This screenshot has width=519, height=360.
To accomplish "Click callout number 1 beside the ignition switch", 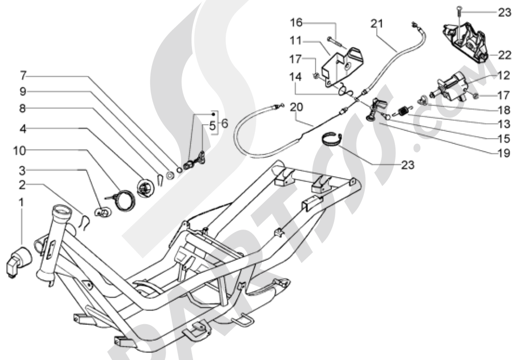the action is pos(21,203).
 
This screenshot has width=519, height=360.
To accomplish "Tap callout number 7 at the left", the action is pos(22,76).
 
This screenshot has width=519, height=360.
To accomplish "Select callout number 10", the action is pos(19,151).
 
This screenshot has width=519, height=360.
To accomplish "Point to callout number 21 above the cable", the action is pos(377,24).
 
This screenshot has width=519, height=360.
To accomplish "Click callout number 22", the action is pos(504,55).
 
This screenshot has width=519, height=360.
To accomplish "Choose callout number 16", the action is pos(296,22).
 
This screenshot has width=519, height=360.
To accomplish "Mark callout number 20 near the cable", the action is pos(296,108).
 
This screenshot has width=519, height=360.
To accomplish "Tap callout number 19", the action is pos(504,153).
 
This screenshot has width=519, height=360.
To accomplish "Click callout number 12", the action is pos(503,76).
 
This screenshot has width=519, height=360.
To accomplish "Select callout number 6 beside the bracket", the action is pos(225,124).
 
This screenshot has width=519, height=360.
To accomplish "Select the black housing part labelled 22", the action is pos(466,41).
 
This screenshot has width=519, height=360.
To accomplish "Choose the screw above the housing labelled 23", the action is pos(459,14).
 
